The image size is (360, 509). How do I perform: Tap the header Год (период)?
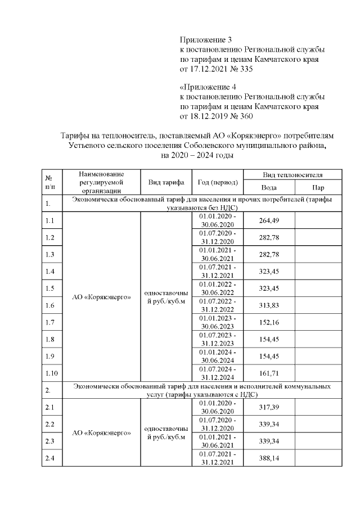pyautogui.click(x=217, y=182)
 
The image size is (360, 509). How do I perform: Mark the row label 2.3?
pyautogui.click(x=50, y=443)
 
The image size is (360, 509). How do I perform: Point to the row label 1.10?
pyautogui.click(x=52, y=373)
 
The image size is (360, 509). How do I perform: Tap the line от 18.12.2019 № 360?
pyautogui.click(x=217, y=116)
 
